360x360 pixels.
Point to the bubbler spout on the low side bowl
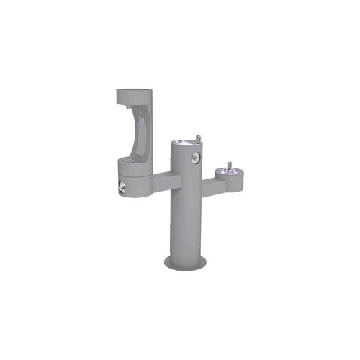[230, 166]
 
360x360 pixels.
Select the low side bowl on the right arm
[229, 174]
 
